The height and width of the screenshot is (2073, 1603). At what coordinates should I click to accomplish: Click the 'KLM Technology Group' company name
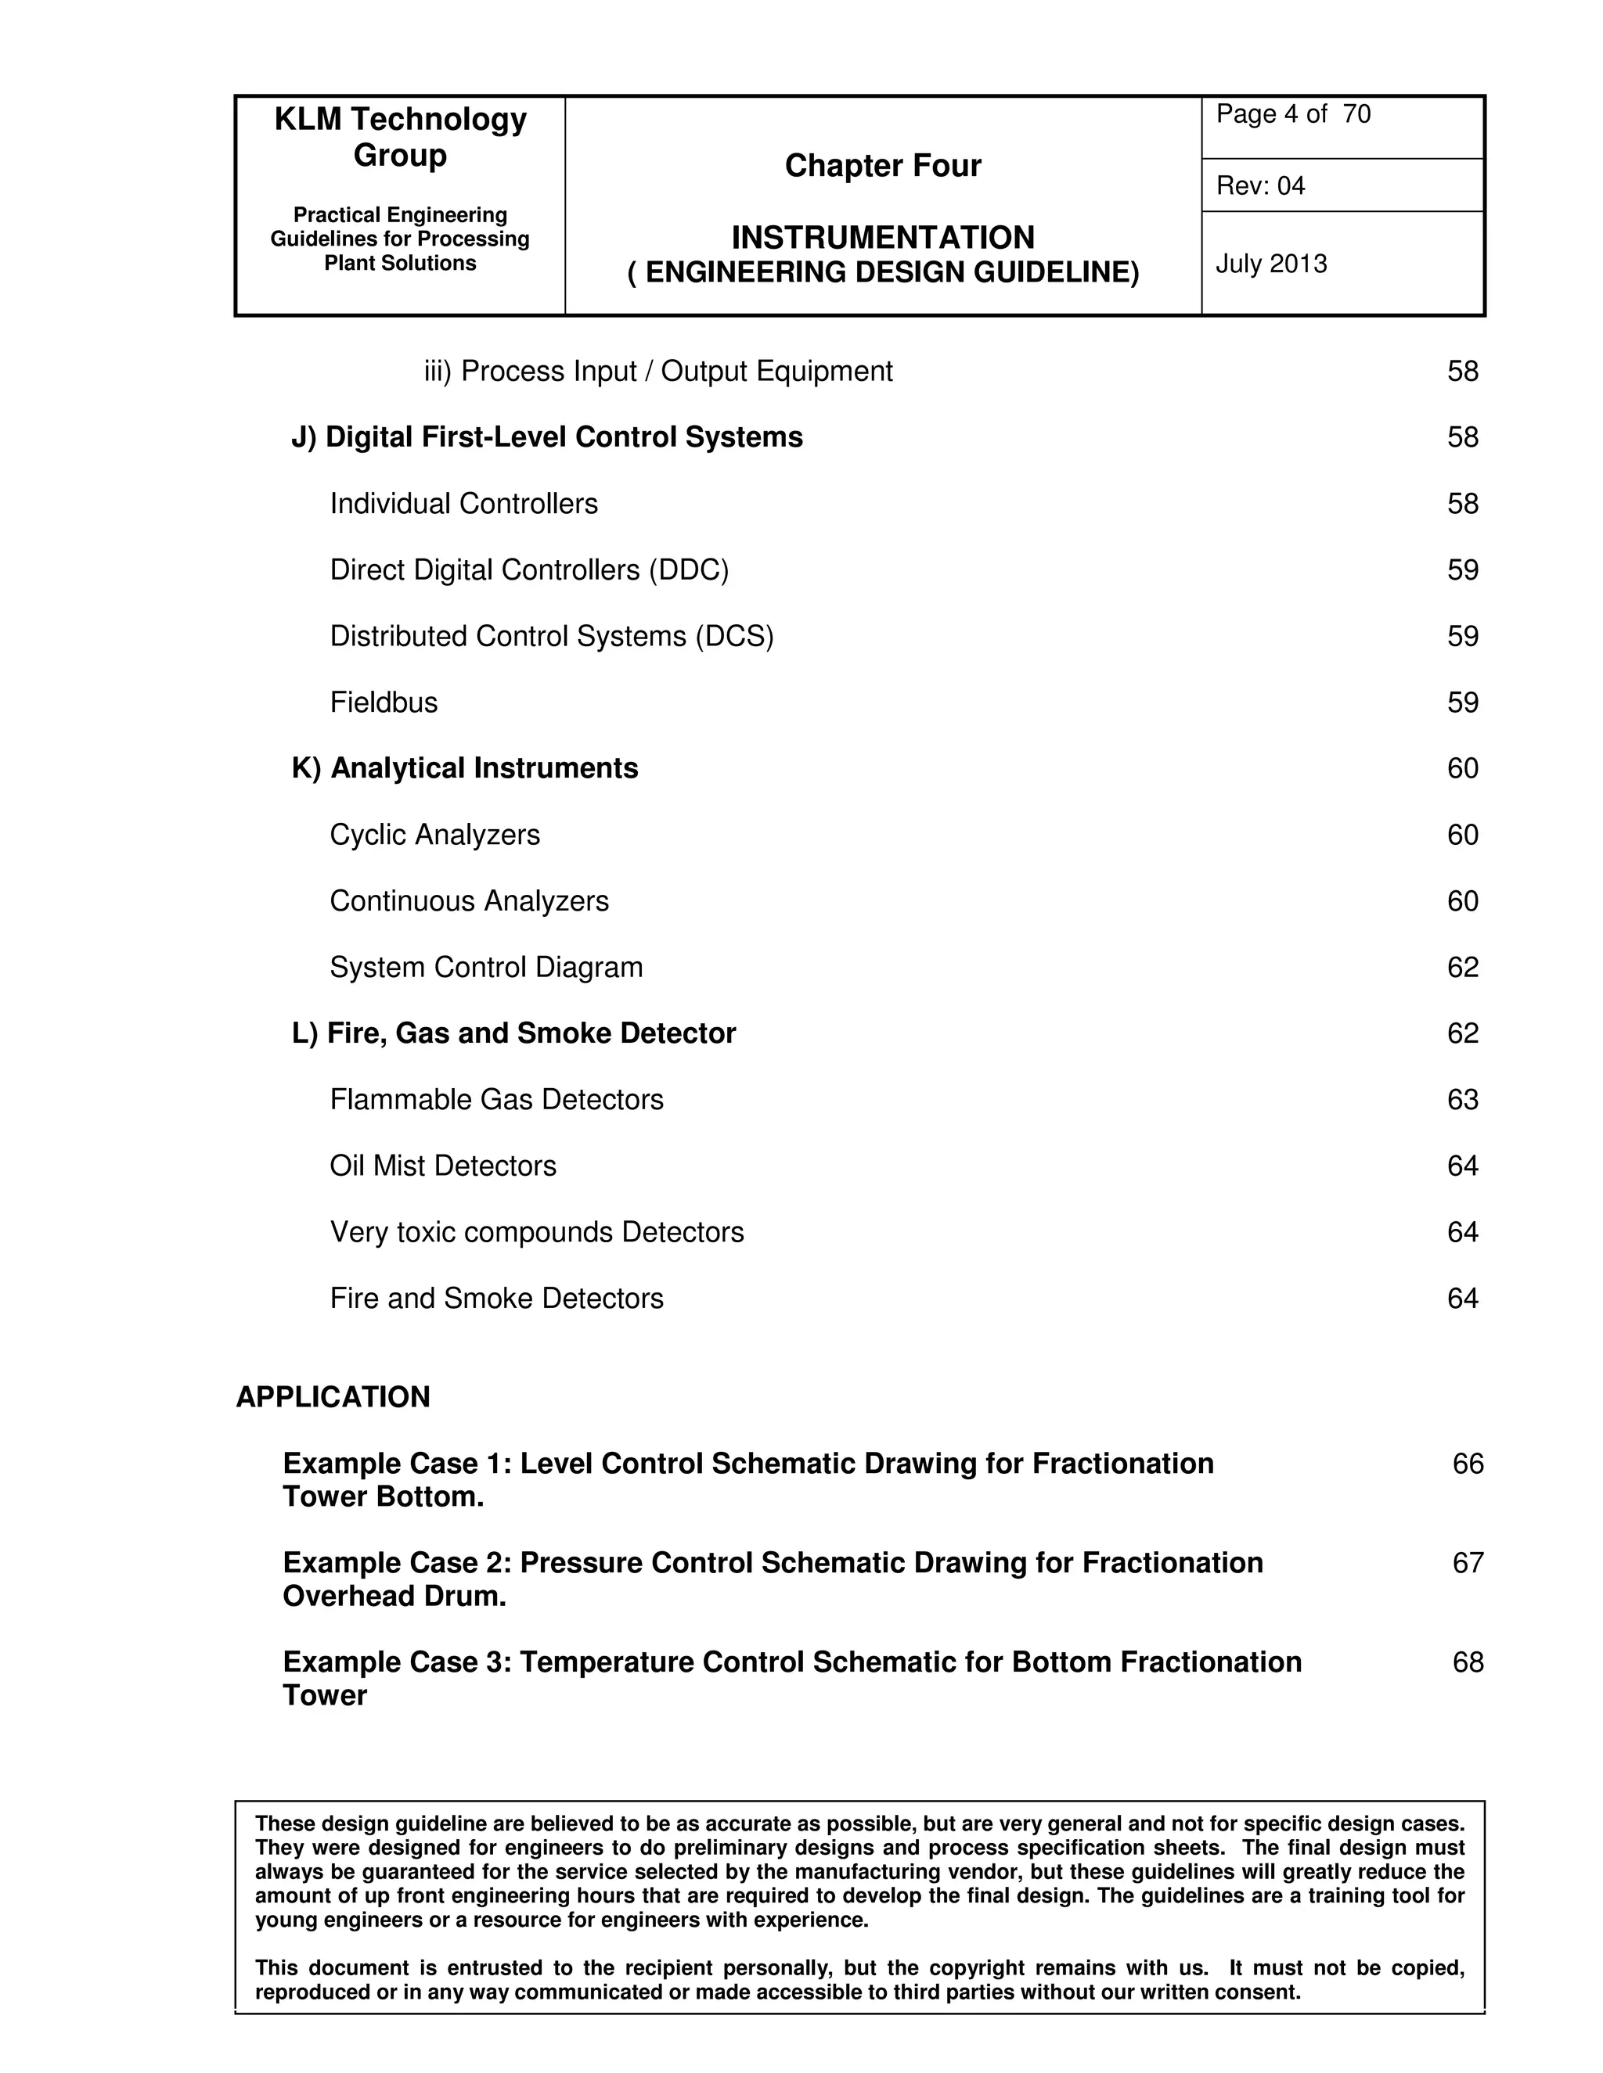pyautogui.click(x=400, y=137)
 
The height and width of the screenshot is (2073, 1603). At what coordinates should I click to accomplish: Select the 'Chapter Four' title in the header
pyautogui.click(x=882, y=166)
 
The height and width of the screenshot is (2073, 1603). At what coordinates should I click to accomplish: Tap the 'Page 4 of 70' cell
pyautogui.click(x=1292, y=115)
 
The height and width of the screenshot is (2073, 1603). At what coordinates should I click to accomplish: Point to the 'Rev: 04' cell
pyautogui.click(x=1260, y=186)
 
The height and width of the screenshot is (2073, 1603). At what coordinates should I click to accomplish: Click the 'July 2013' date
pyautogui.click(x=1270, y=264)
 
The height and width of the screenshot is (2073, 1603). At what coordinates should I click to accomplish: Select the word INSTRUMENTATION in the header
pyautogui.click(x=882, y=237)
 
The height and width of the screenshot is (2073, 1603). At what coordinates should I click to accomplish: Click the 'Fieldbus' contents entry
pyautogui.click(x=384, y=702)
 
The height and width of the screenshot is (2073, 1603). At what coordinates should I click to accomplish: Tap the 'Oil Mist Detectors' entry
pyautogui.click(x=442, y=1166)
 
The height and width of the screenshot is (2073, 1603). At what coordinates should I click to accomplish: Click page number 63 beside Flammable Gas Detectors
pyautogui.click(x=1462, y=1099)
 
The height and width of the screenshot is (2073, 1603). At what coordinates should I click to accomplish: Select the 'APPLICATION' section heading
pyautogui.click(x=333, y=1397)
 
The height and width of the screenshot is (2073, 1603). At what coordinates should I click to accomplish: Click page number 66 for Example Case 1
pyautogui.click(x=1468, y=1464)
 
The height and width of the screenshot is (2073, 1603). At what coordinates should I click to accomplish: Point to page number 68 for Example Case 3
pyautogui.click(x=1468, y=1662)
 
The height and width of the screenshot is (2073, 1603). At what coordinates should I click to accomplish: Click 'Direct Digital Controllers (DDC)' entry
pyautogui.click(x=529, y=569)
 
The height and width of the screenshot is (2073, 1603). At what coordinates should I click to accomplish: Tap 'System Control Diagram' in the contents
pyautogui.click(x=486, y=967)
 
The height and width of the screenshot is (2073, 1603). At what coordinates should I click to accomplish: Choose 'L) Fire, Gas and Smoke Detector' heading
pyautogui.click(x=513, y=1033)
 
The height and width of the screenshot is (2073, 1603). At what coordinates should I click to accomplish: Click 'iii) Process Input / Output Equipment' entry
pyautogui.click(x=658, y=371)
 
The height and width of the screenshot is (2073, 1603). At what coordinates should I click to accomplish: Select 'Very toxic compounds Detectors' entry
pyautogui.click(x=536, y=1232)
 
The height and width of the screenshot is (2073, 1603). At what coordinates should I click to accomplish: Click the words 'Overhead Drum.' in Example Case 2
pyautogui.click(x=394, y=1597)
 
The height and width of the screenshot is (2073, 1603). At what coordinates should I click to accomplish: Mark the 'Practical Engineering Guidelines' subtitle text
pyautogui.click(x=400, y=227)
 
